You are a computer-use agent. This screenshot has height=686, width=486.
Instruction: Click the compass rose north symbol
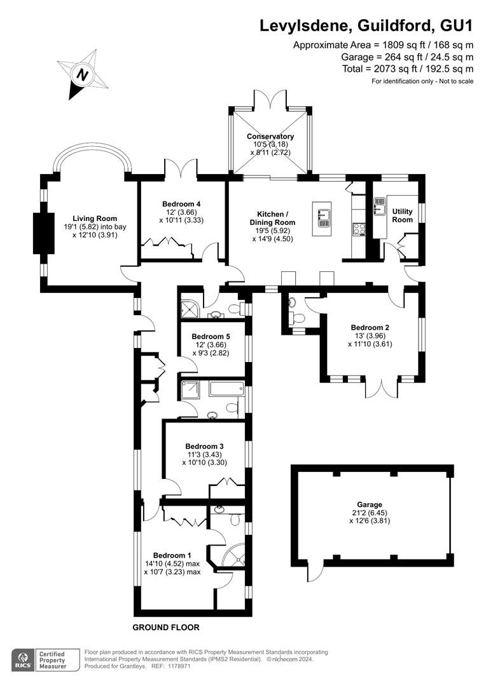(x=83, y=74)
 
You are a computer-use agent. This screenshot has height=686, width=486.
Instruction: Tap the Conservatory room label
(x=270, y=137)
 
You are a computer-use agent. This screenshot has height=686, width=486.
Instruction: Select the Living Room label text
(x=95, y=219)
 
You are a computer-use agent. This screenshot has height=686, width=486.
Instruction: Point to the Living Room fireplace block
(x=43, y=233)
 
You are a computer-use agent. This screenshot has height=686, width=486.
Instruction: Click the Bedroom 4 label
(x=181, y=204)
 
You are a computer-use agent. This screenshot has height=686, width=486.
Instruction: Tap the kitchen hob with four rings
(x=359, y=229)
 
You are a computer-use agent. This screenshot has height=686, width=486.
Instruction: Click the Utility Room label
(x=402, y=215)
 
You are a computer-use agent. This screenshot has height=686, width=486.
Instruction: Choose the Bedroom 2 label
(x=370, y=327)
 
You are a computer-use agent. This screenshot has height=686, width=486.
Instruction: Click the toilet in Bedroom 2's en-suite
(x=298, y=318)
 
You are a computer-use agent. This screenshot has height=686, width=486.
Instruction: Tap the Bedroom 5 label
(x=211, y=337)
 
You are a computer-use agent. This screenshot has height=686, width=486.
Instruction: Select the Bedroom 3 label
(x=205, y=447)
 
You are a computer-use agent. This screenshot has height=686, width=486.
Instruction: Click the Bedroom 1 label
(x=172, y=556)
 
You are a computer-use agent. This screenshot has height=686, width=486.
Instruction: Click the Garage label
(x=370, y=504)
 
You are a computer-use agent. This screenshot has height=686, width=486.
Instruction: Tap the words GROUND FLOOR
(x=166, y=628)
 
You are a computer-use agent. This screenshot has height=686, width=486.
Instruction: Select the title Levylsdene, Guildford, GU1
(x=366, y=26)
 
